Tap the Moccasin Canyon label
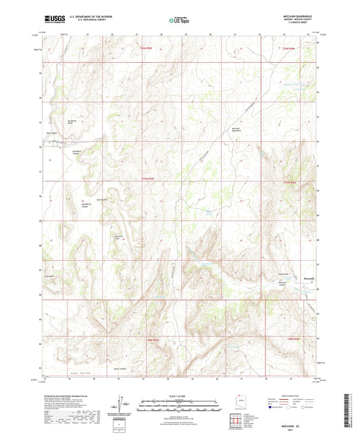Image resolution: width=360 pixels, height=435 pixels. pyautogui.click(x=284, y=284)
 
